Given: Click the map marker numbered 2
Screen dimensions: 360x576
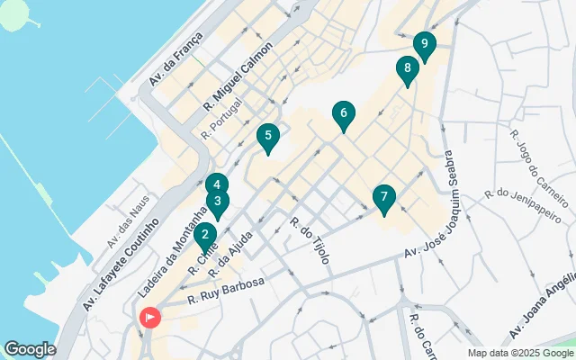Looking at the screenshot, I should coord(205,237).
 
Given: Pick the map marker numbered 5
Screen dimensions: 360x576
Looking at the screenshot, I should coord(267,138).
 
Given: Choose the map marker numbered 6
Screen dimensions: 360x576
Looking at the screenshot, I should coord(343,114).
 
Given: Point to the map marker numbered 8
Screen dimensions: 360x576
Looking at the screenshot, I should coord(408,68).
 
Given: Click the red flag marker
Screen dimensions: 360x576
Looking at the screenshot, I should coord(148,317).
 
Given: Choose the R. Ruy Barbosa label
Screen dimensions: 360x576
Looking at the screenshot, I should coord(226,291).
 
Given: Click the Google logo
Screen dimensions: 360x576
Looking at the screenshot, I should coord(31,348).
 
